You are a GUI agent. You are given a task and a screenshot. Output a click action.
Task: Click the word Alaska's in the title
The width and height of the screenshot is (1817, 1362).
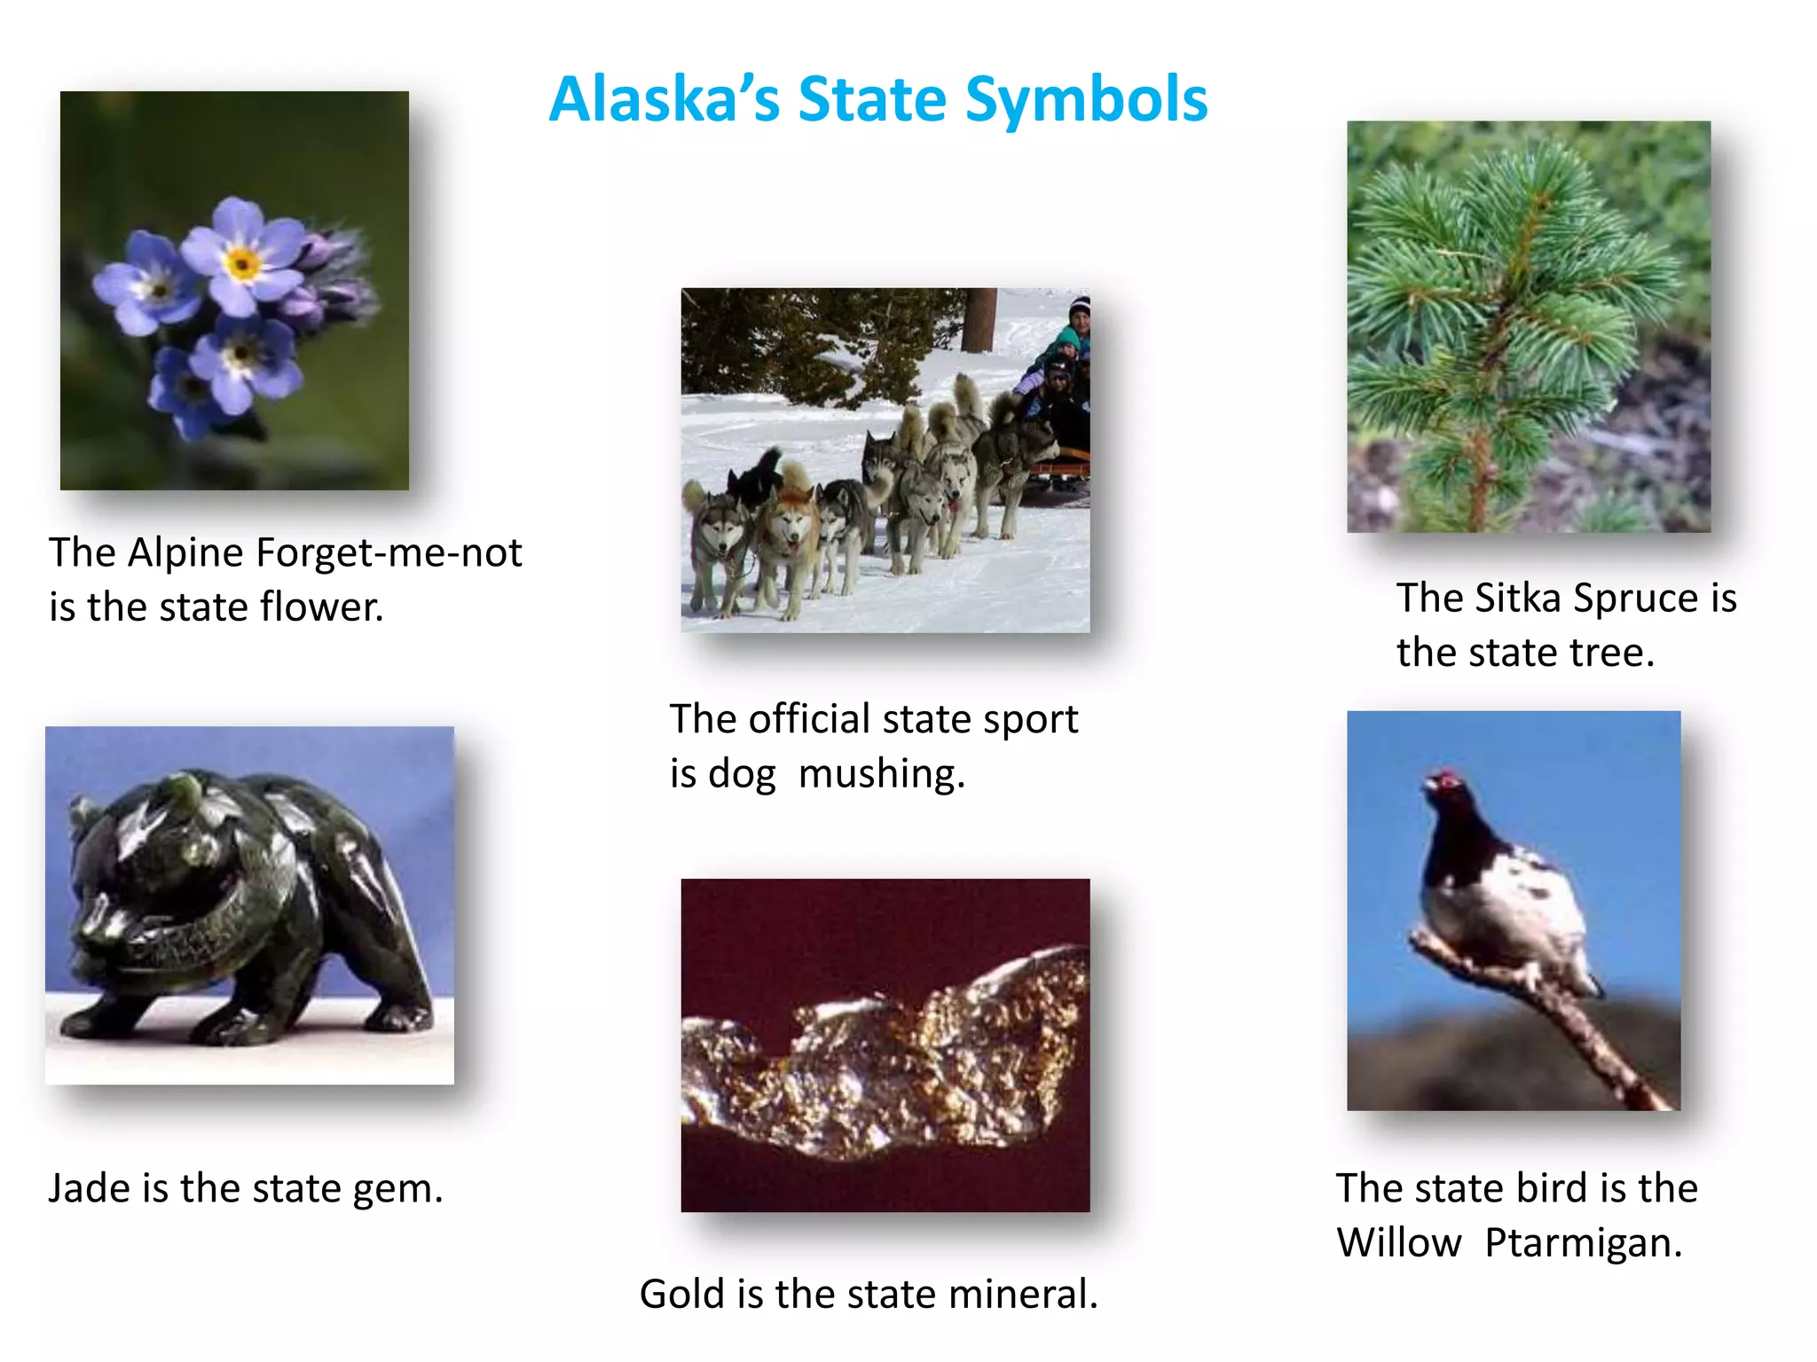click(664, 99)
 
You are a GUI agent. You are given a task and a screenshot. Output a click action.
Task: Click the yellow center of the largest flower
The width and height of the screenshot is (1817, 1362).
click(242, 263)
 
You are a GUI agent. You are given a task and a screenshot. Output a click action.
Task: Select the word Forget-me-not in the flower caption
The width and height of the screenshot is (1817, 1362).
click(389, 553)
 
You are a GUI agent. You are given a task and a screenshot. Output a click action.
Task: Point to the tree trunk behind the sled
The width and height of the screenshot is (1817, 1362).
click(979, 318)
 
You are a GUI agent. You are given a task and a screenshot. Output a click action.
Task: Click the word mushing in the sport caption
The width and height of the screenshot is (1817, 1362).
click(880, 774)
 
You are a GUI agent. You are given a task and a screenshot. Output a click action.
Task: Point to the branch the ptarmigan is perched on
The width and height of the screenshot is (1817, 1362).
click(1570, 1020)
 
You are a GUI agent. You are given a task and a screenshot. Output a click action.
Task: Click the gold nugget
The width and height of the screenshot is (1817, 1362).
click(887, 1055)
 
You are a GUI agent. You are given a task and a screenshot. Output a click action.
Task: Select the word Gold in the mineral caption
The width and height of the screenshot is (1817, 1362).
click(681, 1295)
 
